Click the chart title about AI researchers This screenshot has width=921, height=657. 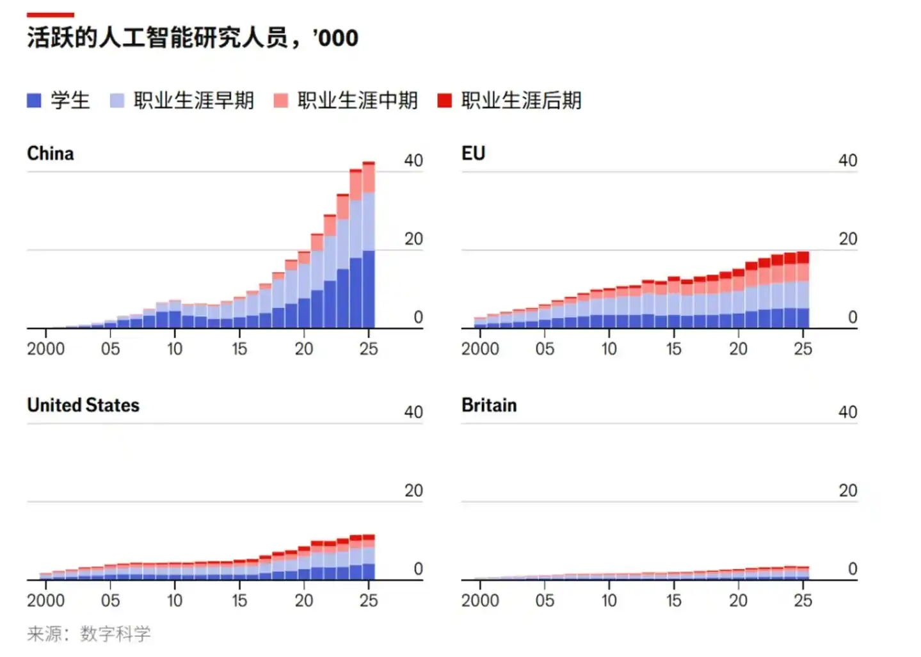[192, 38]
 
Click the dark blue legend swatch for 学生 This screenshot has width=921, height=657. [34, 101]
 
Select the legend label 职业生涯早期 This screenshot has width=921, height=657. [193, 101]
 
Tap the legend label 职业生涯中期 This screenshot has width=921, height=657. [357, 101]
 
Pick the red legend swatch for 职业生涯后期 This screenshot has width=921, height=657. [445, 101]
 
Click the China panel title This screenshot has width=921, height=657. [50, 154]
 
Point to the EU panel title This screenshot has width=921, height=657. [473, 154]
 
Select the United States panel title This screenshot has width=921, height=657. [83, 405]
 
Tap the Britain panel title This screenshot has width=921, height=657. [489, 405]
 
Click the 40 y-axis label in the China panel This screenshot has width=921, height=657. [413, 161]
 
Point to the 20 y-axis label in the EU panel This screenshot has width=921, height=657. [848, 239]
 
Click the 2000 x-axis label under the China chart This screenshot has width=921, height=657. [45, 349]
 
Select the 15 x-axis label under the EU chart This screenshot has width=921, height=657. [673, 349]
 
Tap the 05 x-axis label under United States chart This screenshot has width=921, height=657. [110, 601]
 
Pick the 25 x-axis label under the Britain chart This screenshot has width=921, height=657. [803, 601]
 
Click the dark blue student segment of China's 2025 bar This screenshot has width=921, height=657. [369, 289]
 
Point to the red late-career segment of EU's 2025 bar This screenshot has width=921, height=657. [803, 257]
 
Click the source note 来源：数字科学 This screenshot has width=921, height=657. [88, 634]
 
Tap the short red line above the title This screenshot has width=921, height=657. [50, 15]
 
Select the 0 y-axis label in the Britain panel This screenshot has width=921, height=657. [853, 569]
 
